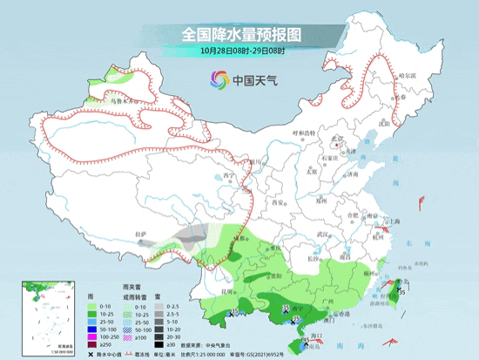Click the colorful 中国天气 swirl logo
[x=218, y=81]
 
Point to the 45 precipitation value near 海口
[x=307, y=341]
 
